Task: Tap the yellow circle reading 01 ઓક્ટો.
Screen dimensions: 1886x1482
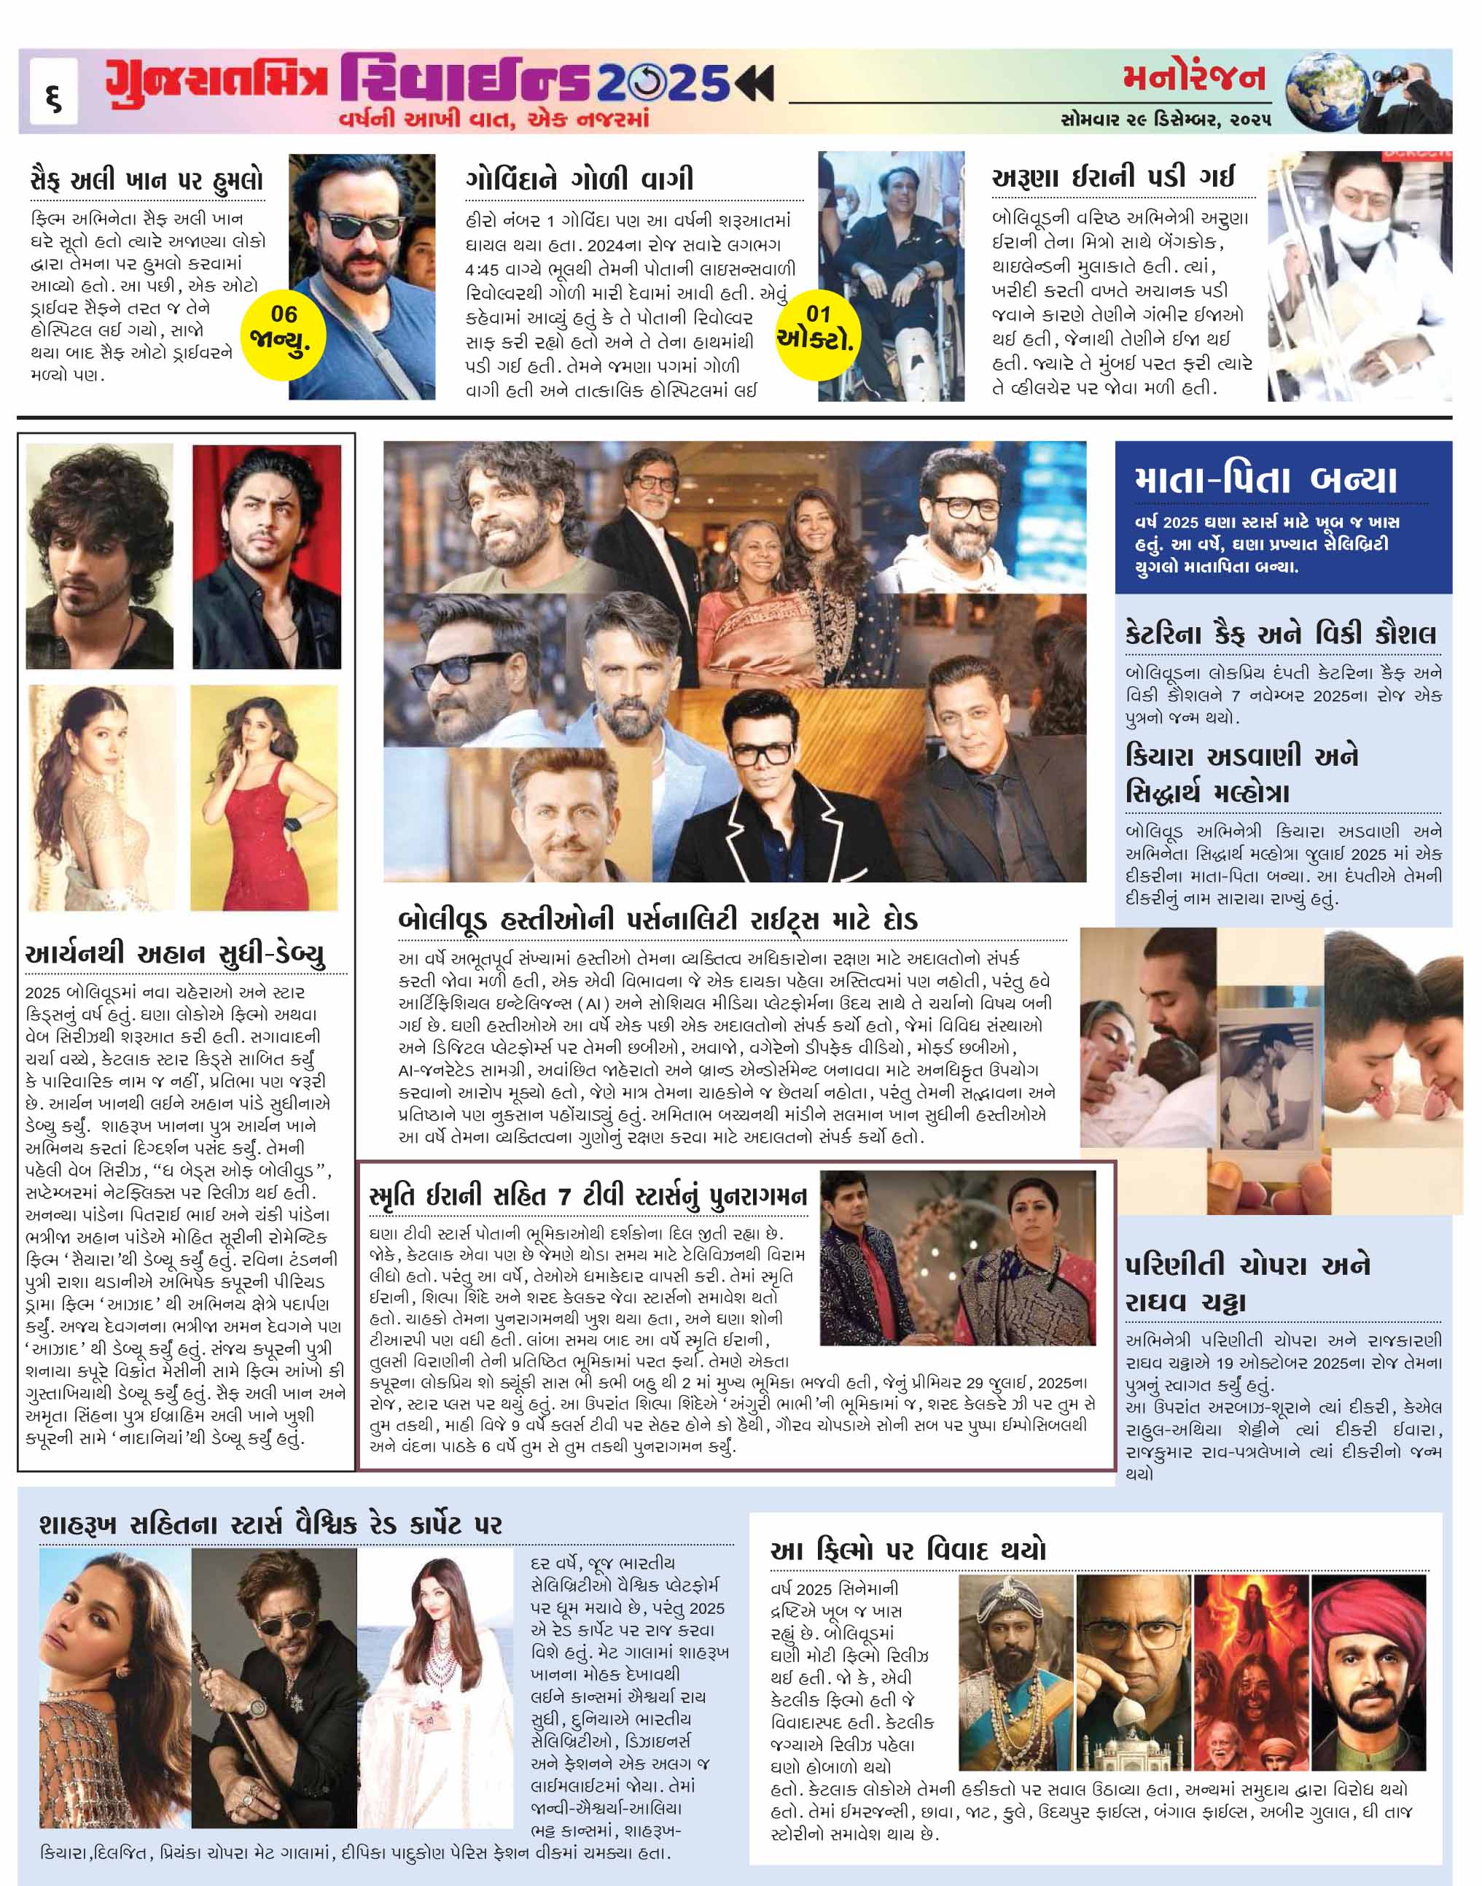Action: tap(816, 328)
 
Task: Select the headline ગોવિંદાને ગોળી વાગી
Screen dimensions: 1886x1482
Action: tap(580, 179)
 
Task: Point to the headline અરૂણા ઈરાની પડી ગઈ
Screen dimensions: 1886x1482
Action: tap(1112, 177)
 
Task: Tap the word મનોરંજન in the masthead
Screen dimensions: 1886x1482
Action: tap(1194, 79)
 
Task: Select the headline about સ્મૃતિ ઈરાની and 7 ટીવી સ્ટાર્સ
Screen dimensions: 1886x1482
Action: tap(588, 1196)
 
